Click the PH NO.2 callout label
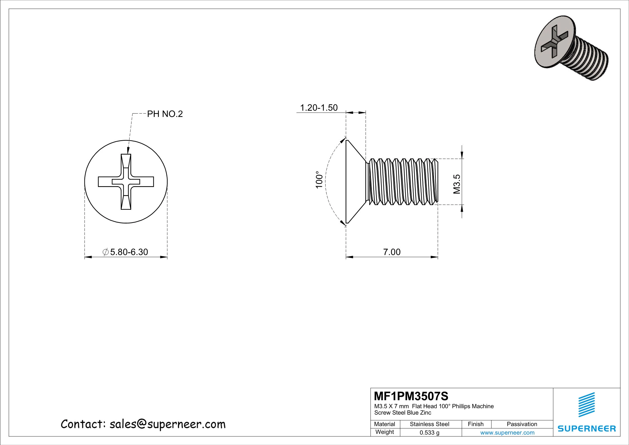(165, 114)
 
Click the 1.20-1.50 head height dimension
(319, 108)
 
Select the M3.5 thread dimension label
(456, 184)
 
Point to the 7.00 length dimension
(392, 252)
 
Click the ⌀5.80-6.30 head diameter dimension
(126, 252)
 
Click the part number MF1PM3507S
(411, 396)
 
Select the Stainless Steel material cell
(429, 424)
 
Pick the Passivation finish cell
(522, 424)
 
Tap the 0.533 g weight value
(429, 433)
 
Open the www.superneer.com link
(507, 433)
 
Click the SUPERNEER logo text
(587, 428)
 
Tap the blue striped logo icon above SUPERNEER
(587, 405)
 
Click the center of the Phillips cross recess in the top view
(126, 182)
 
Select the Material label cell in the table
(384, 424)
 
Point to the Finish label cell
(475, 424)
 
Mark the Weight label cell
(384, 432)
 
